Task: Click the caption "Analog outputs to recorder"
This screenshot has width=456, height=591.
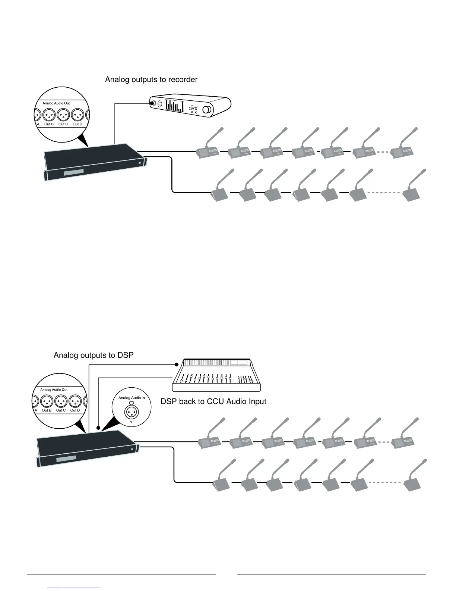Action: [151, 79]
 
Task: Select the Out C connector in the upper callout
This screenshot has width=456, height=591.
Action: [63, 114]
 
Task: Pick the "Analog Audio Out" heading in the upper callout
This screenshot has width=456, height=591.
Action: [56, 103]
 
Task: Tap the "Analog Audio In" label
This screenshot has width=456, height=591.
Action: [132, 398]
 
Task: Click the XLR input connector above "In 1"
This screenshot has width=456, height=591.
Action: [132, 412]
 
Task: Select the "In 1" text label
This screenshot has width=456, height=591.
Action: [132, 422]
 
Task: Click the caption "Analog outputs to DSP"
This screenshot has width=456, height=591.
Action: [94, 355]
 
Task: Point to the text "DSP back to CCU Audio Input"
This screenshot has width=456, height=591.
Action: [213, 401]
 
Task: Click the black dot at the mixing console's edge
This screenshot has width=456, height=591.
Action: [177, 364]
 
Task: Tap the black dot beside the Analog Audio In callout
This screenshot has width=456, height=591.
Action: [98, 428]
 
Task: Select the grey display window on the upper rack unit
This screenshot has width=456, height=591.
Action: [74, 173]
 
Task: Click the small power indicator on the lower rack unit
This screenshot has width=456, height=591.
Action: [132, 450]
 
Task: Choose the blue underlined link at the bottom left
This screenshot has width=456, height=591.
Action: [74, 588]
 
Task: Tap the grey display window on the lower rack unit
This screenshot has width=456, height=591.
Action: [66, 459]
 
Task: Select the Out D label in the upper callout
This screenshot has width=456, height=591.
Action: [77, 124]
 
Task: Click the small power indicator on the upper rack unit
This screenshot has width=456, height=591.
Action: [140, 163]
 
